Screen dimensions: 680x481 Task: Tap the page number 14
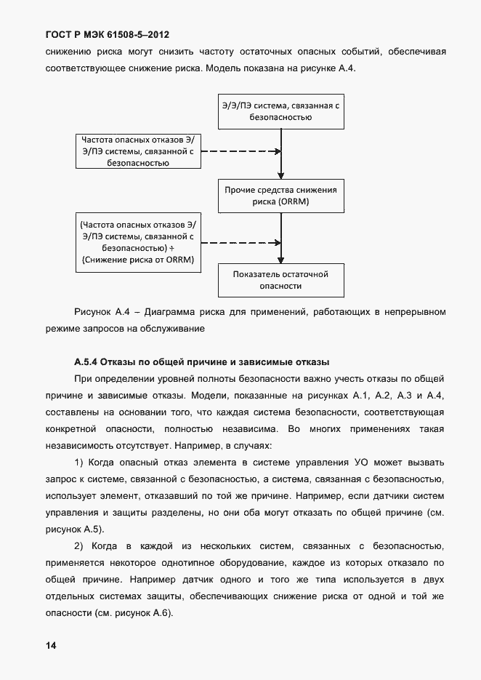50,646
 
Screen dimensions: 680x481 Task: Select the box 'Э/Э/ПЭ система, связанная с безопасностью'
281,111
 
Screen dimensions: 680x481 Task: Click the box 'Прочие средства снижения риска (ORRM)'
281,196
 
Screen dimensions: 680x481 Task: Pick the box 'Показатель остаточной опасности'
281,280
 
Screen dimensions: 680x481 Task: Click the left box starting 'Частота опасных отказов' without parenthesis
139,151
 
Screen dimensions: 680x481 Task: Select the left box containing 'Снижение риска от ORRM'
139,242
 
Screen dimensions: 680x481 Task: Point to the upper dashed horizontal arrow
240,151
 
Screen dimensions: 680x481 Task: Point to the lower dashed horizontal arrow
240,242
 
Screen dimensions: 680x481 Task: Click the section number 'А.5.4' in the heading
86,361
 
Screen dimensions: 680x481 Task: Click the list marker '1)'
80,462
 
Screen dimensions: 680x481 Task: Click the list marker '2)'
80,545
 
